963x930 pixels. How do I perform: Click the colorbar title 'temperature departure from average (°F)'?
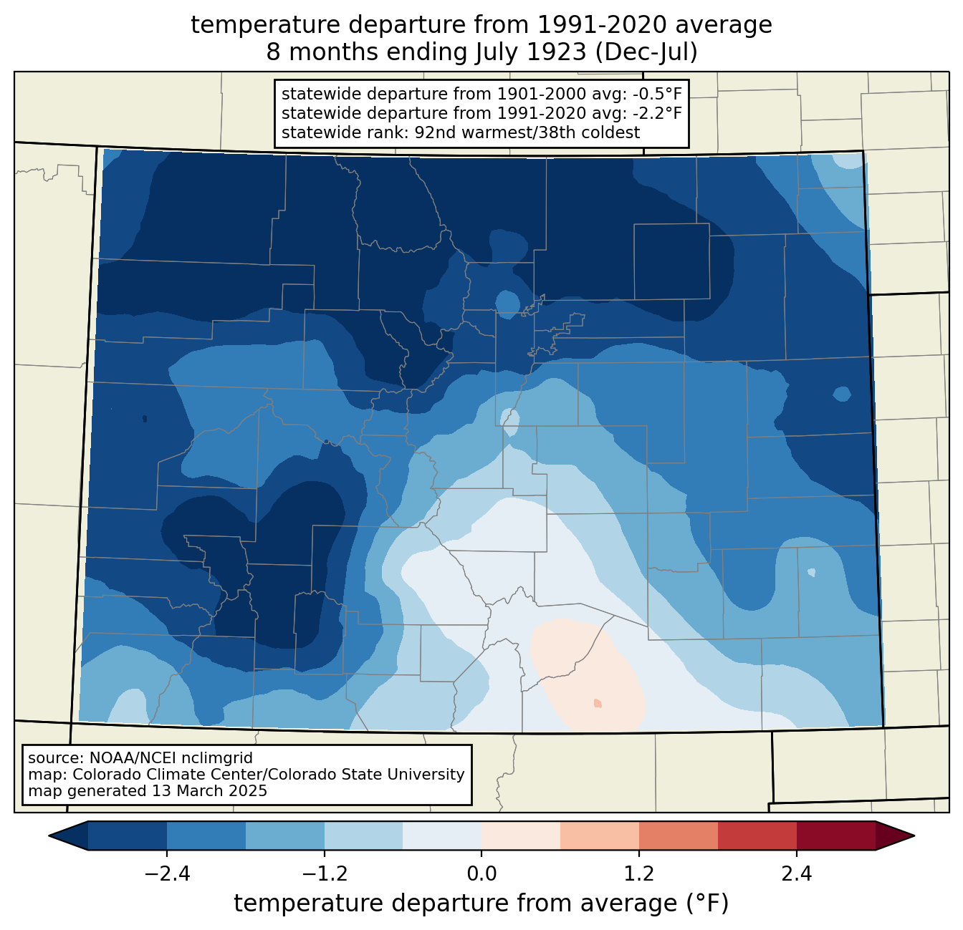(x=481, y=903)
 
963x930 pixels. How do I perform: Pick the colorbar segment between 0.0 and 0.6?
(x=521, y=835)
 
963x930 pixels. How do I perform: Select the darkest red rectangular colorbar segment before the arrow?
(x=836, y=835)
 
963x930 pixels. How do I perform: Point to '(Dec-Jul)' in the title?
(x=646, y=52)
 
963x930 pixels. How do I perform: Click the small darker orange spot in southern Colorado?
(x=598, y=703)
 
